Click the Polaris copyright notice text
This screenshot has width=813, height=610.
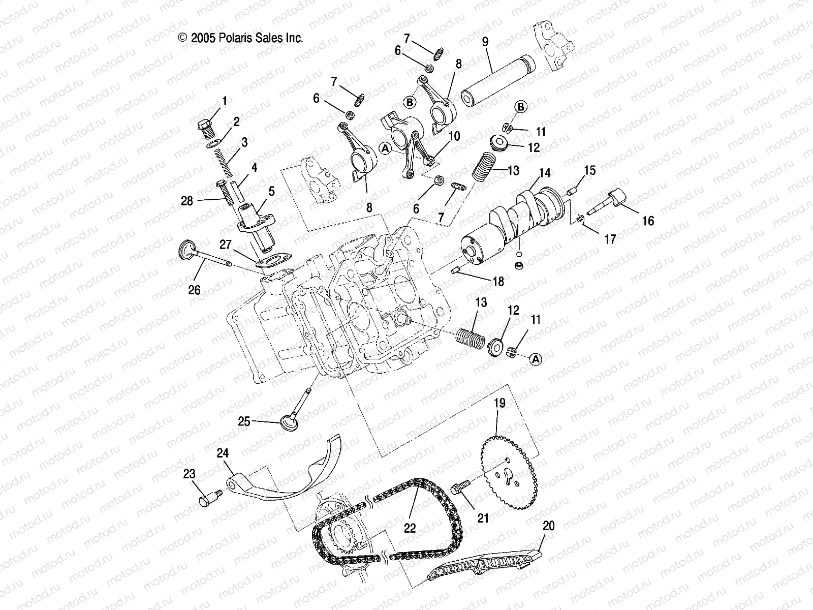240,38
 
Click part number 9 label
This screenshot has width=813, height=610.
485,42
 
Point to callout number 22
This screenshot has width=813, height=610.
410,528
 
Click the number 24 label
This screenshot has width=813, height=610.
223,453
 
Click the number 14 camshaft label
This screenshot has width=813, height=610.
545,173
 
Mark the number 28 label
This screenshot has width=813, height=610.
187,201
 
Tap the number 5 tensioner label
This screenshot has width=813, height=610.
271,191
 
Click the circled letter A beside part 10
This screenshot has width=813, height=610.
386,148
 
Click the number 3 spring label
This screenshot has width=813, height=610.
245,143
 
